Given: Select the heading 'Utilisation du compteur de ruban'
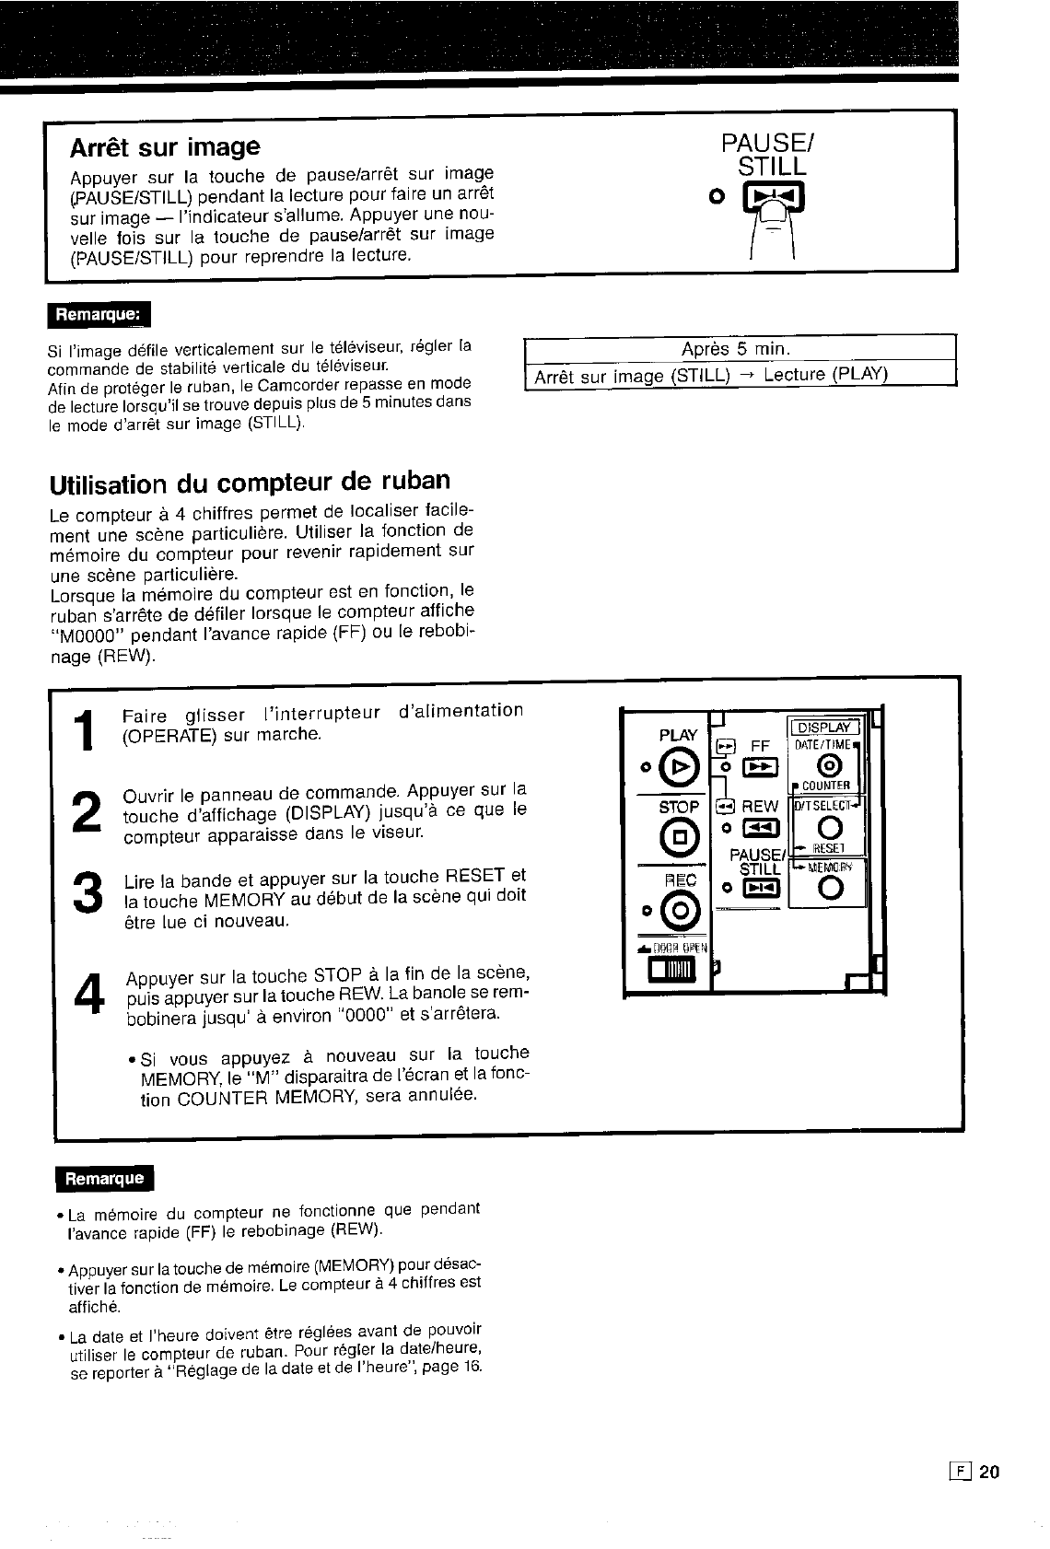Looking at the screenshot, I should pyautogui.click(x=250, y=482).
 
